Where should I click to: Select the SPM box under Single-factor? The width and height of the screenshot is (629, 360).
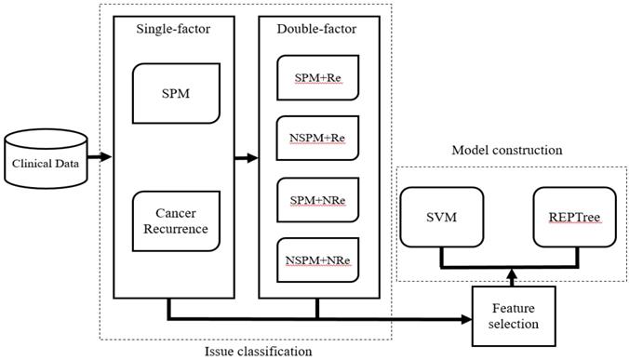coord(176,93)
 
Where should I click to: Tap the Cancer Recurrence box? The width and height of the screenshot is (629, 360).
coord(175,221)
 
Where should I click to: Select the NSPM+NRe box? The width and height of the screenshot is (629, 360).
coord(315,261)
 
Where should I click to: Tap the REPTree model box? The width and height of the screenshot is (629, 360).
coord(573,218)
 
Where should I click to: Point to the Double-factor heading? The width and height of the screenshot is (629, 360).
coord(316,29)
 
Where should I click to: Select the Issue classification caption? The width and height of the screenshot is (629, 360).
coord(259,351)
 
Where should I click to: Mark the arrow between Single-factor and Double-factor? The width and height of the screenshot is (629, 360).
coord(245,157)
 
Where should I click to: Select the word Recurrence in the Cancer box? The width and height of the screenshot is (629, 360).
coord(175,230)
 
